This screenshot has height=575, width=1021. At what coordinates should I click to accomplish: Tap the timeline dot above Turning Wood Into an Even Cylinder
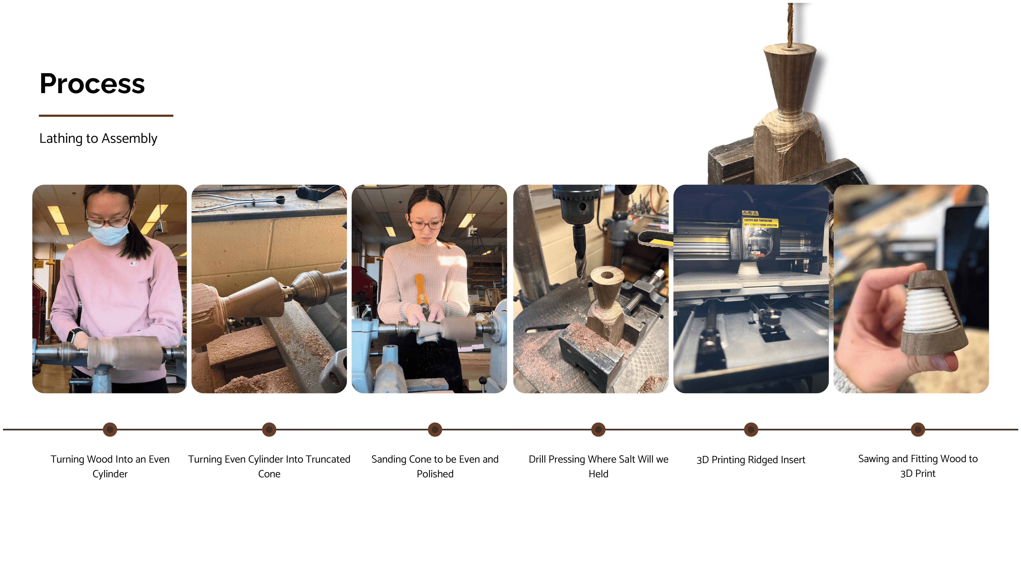[x=110, y=429]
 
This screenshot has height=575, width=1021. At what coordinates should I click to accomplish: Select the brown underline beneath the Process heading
[x=106, y=116]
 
